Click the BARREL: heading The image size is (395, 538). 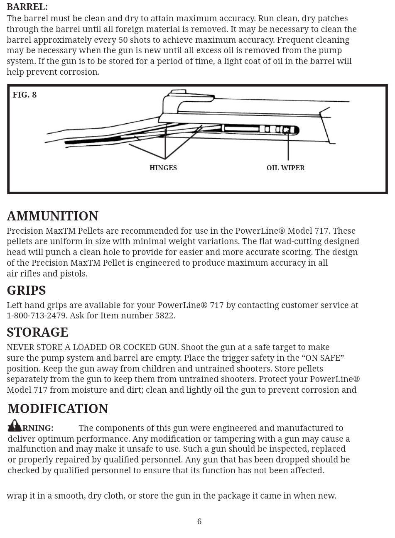coord(27,7)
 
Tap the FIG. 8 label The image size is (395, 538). coord(25,95)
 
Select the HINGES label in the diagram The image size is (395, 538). coord(163,168)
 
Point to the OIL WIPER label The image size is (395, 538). coord(285,168)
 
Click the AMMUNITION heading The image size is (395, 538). coord(53,216)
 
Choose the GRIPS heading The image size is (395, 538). coord(26,291)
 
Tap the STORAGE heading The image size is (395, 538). coord(37,333)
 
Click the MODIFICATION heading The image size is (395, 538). coord(58,409)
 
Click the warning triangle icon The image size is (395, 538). coord(15,426)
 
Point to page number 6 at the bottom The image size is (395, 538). coord(199,522)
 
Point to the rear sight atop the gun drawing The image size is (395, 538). coord(179,91)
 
